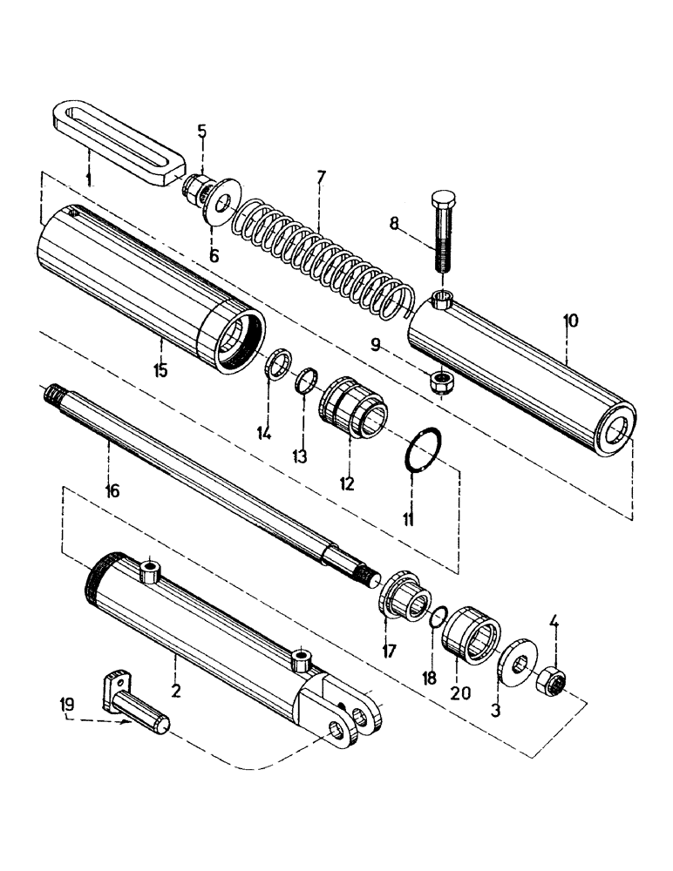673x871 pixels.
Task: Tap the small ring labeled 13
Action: pos(305,381)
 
